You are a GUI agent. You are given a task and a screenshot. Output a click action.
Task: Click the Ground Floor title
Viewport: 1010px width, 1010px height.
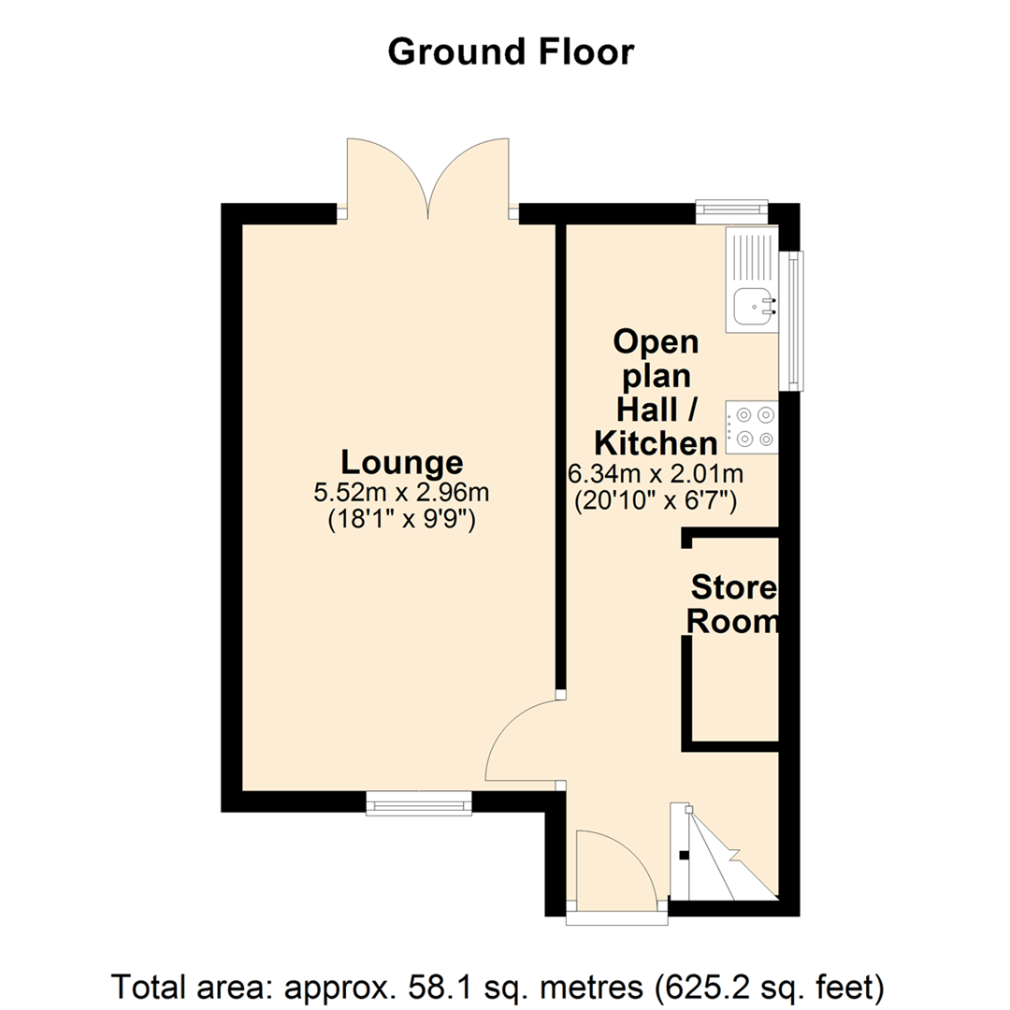[x=511, y=52]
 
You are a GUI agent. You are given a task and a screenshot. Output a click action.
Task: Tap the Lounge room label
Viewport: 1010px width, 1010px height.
[x=401, y=462]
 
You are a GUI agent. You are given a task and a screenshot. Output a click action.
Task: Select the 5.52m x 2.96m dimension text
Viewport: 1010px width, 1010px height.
[x=403, y=492]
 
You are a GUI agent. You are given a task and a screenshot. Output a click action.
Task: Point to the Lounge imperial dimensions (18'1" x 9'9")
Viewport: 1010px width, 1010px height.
[x=403, y=520]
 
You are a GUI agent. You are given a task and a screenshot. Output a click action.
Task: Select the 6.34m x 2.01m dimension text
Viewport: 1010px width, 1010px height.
[x=655, y=473]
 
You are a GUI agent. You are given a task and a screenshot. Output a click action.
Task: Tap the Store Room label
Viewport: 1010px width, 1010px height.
[x=734, y=605]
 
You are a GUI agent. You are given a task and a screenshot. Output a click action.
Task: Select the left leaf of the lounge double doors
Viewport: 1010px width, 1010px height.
[x=385, y=178]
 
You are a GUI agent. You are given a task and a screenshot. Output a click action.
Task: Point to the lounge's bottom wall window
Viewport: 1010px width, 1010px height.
[x=418, y=802]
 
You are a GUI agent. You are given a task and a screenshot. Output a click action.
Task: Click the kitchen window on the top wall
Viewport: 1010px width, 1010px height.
[x=732, y=211]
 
